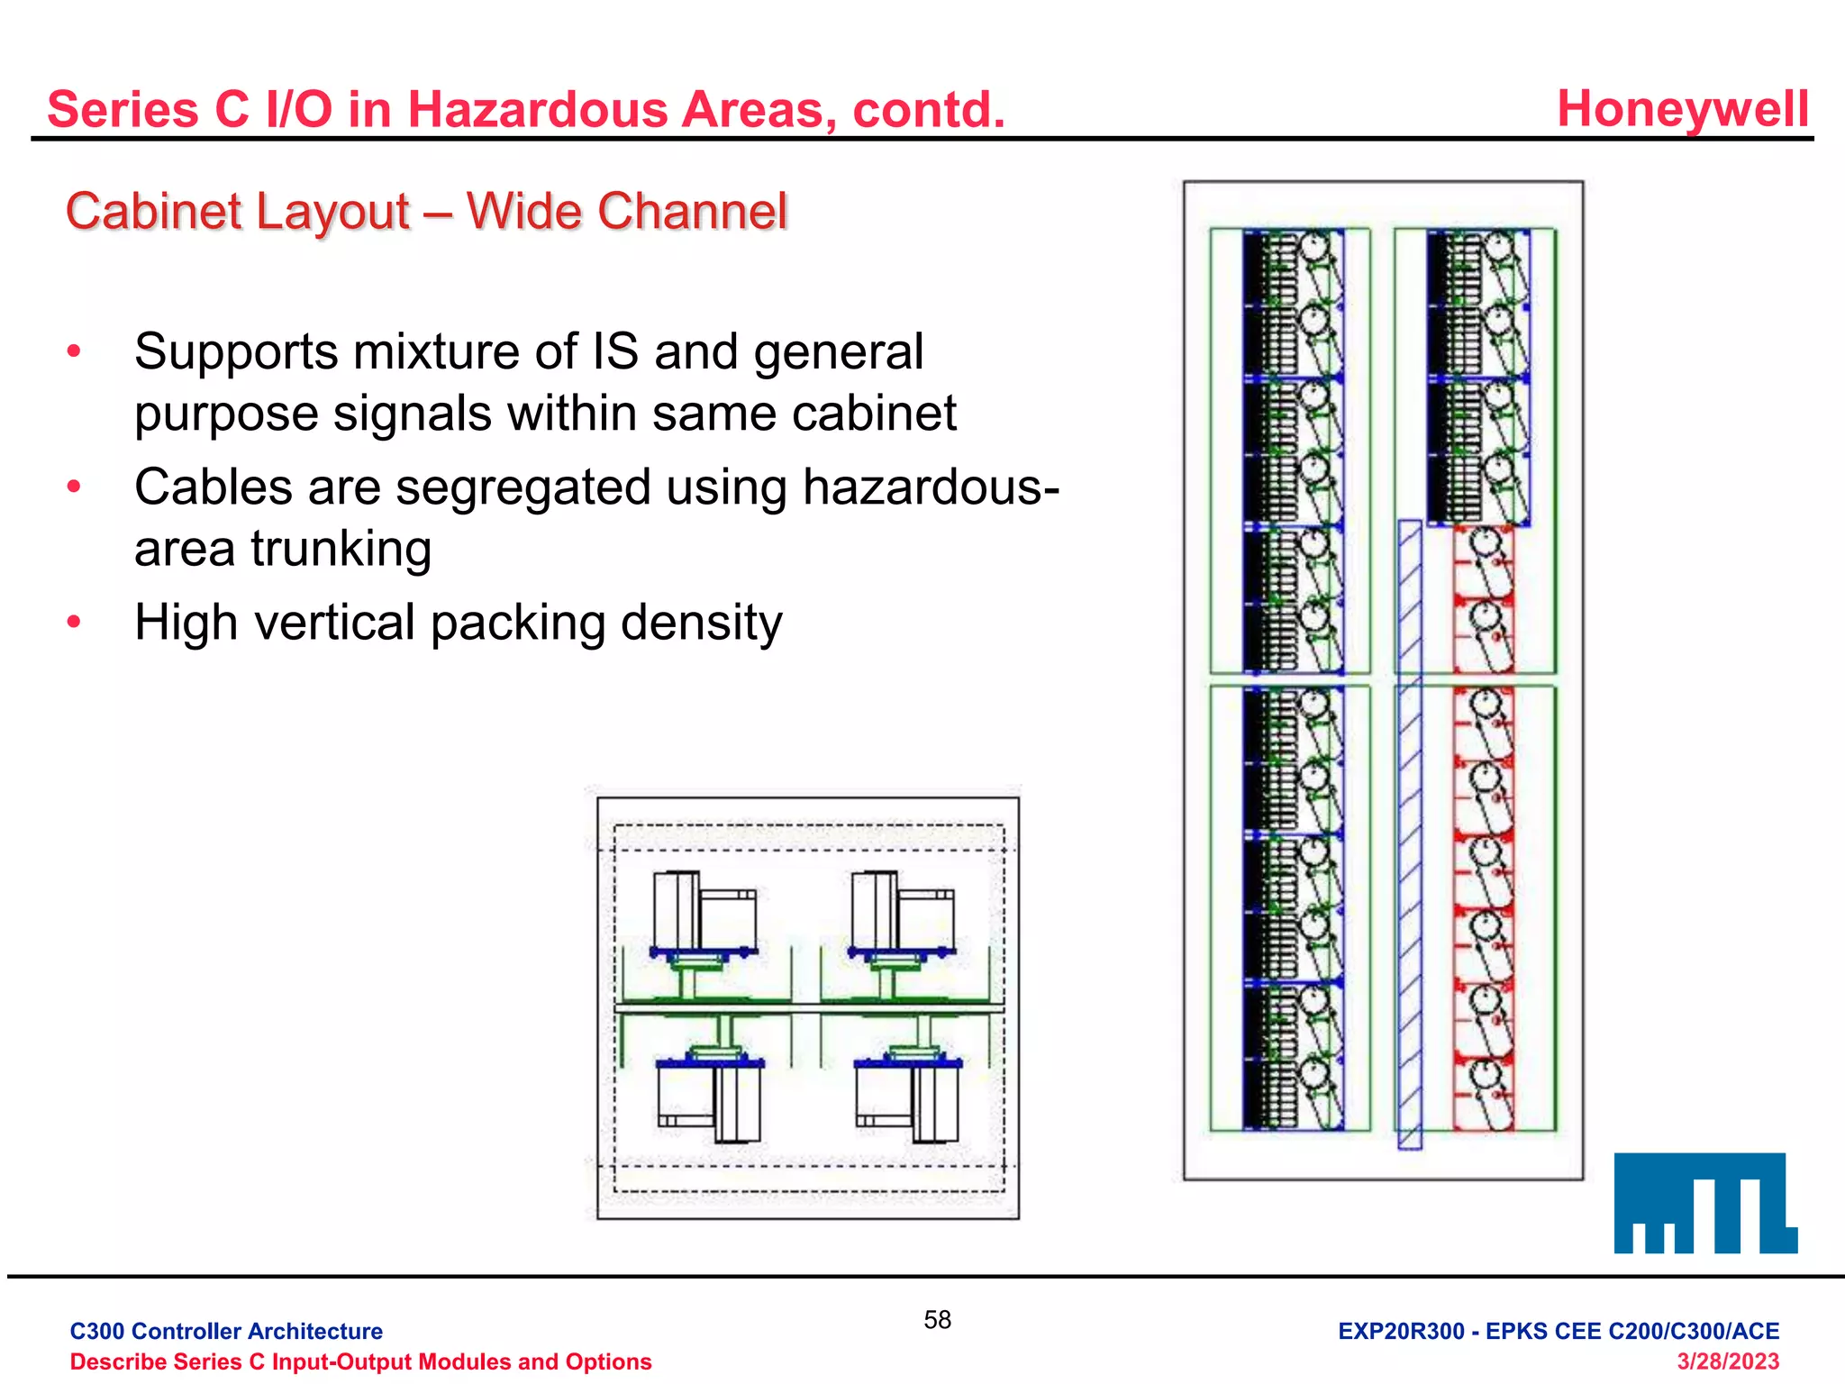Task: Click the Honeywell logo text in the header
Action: pos(1682,109)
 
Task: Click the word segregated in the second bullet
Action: pos(523,487)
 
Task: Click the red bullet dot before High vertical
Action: pos(75,621)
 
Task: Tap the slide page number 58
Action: pos(937,1320)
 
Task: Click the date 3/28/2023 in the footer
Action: pos(1727,1361)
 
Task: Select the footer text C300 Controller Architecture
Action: pos(226,1331)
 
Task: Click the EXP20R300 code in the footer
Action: pos(1401,1331)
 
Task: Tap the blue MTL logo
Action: pos(1704,1203)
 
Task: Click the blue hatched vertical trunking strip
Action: pos(1409,833)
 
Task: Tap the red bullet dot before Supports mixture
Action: pos(75,351)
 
